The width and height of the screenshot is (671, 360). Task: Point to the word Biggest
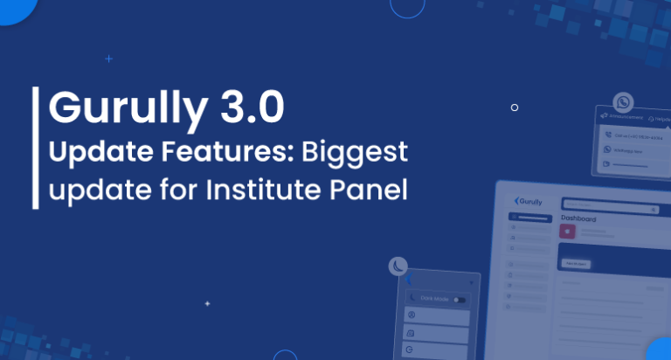pyautogui.click(x=355, y=153)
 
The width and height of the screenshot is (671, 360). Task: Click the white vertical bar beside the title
pyautogui.click(x=35, y=148)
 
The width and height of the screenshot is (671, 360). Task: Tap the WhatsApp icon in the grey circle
pyautogui.click(x=622, y=101)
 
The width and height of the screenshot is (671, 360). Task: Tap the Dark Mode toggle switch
pyautogui.click(x=459, y=300)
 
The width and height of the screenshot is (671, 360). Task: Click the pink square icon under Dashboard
pyautogui.click(x=567, y=232)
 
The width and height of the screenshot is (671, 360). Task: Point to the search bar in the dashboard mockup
pyautogui.click(x=610, y=210)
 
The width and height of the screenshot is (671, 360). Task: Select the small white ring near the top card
pyautogui.click(x=515, y=107)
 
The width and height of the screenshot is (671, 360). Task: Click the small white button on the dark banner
pyautogui.click(x=576, y=263)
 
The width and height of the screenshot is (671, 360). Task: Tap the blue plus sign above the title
pyautogui.click(x=108, y=59)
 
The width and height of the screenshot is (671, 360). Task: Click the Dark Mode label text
pyautogui.click(x=434, y=300)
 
